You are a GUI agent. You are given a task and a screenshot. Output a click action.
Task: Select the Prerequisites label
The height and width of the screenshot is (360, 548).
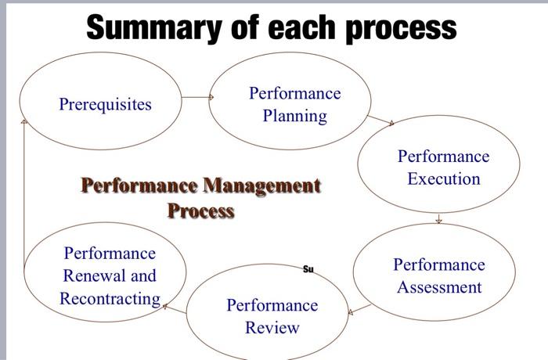105,104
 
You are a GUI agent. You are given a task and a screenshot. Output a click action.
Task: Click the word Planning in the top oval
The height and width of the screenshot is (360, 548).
294,117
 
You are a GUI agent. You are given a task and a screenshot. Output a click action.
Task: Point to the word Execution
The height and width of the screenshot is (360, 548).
443,178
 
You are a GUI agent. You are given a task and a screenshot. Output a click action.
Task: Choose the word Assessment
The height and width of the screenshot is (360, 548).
438,287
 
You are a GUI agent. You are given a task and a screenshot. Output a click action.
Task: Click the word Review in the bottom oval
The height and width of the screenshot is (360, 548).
272,327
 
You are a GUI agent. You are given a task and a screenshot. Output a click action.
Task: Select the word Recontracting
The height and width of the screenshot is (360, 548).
110,298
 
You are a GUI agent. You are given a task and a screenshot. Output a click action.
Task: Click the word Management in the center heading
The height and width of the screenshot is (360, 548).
261,186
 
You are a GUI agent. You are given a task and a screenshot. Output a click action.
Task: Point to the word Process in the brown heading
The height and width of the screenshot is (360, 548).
200,210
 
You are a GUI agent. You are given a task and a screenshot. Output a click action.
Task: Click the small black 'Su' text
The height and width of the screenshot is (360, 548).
308,269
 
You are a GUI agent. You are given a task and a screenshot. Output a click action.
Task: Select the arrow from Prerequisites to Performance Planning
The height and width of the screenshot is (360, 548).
197,97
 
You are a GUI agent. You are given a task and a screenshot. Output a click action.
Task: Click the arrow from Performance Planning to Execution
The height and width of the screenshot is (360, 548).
380,121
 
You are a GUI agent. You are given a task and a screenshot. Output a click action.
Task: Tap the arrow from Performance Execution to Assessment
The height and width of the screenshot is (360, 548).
439,219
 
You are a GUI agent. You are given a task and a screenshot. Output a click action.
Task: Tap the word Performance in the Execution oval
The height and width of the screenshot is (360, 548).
443,156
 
